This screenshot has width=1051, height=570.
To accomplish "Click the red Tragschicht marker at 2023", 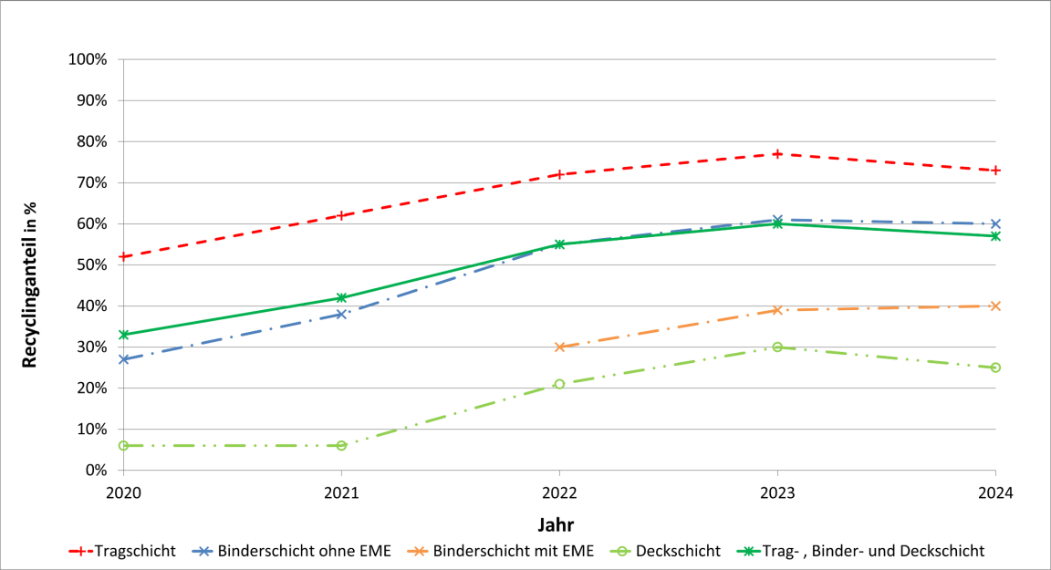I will [x=777, y=154].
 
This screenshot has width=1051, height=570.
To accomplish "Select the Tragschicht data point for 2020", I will [x=123, y=256].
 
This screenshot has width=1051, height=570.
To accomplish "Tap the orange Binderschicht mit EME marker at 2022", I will [x=559, y=347].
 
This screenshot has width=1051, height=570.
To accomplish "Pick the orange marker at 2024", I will [x=995, y=306].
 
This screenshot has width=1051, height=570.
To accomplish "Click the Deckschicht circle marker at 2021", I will [x=341, y=445].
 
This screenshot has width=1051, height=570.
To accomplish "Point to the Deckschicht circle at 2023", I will [x=777, y=347].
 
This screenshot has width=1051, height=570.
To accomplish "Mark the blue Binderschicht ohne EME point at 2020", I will [x=123, y=359].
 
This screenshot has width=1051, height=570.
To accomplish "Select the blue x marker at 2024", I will [x=995, y=223].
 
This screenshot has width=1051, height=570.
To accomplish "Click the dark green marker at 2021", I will [x=341, y=297].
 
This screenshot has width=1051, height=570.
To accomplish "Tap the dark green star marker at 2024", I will [x=995, y=235].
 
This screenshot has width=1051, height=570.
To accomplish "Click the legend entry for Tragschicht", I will [x=122, y=551].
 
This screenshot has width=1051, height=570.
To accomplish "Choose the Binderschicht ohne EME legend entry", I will [x=291, y=551].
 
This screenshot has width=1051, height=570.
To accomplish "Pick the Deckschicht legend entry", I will [x=665, y=551].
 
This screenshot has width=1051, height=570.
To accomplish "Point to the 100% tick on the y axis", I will [x=88, y=59].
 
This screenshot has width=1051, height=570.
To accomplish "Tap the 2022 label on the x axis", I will [x=559, y=492].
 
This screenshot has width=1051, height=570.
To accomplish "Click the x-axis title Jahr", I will [x=556, y=523].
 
